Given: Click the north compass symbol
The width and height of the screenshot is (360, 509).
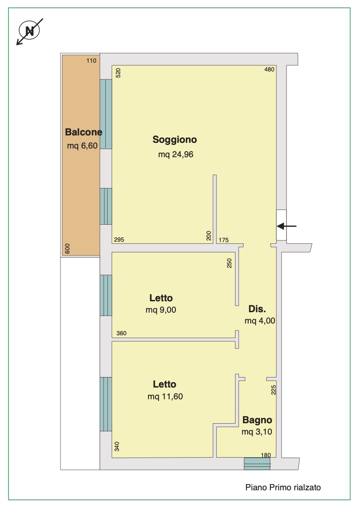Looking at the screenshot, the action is (30, 31).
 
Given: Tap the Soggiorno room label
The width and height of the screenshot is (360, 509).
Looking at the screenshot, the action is (175, 140).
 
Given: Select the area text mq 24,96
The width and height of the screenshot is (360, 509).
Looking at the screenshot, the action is (175, 155).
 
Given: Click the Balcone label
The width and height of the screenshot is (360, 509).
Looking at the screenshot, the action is (84, 132).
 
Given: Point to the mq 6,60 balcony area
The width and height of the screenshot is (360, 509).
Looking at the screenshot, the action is (82, 146).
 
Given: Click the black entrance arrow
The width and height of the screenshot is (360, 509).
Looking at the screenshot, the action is (286, 226).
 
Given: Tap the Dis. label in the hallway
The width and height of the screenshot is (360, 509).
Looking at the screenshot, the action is (257, 309).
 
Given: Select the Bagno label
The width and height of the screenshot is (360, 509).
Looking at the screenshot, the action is (257, 420).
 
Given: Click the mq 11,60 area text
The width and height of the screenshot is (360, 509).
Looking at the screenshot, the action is (165, 396).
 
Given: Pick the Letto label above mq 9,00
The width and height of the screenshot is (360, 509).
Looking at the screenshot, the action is (161, 298).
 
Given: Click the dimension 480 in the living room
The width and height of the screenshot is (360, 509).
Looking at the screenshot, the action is (269, 69).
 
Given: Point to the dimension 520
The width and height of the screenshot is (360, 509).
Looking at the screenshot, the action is (118, 73).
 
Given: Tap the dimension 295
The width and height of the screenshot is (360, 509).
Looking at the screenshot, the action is (119, 239).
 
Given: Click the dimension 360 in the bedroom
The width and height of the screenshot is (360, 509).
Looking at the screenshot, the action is (121, 333).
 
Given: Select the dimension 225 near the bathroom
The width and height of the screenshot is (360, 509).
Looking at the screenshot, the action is (273, 390).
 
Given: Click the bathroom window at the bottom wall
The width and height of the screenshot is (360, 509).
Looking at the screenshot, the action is (257, 464).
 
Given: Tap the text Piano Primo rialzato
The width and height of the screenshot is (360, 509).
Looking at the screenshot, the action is (283, 487).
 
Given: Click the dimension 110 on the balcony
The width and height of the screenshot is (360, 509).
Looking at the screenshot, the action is (91, 61).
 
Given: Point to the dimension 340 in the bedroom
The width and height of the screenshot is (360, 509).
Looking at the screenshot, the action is (117, 446).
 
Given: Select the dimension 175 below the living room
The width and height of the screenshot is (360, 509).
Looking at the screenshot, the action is (224, 240).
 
